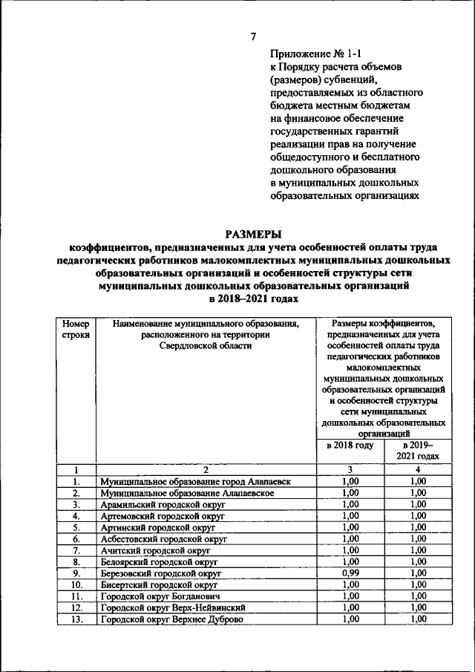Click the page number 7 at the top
[254, 36]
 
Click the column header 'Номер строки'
[76, 329]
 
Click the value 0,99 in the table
[350, 573]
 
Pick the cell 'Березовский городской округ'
[161, 573]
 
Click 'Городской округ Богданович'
[160, 596]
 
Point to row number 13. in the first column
[76, 619]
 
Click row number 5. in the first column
[76, 527]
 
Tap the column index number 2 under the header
[206, 469]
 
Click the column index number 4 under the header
[418, 469]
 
